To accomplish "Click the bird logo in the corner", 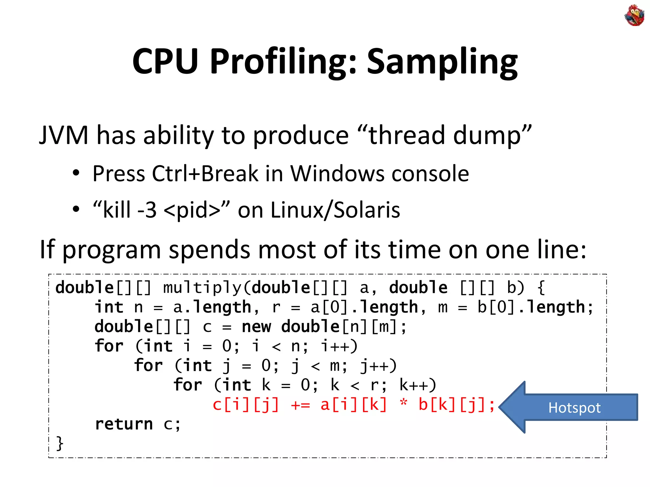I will pyautogui.click(x=634, y=15).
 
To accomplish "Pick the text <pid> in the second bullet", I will pyautogui.click(x=192, y=210).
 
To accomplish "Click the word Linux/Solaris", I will pyautogui.click(x=335, y=210).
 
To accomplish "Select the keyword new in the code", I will pyautogui.click(x=256, y=327).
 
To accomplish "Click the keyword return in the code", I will pyautogui.click(x=124, y=424).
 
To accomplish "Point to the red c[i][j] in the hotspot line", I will pyautogui.click(x=246, y=405).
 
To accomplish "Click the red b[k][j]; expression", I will pyautogui.click(x=456, y=405).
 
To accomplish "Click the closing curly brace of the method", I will pyautogui.click(x=60, y=443).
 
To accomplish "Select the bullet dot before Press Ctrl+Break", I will pyautogui.click(x=76, y=174).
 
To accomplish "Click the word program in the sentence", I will pyautogui.click(x=112, y=250).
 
